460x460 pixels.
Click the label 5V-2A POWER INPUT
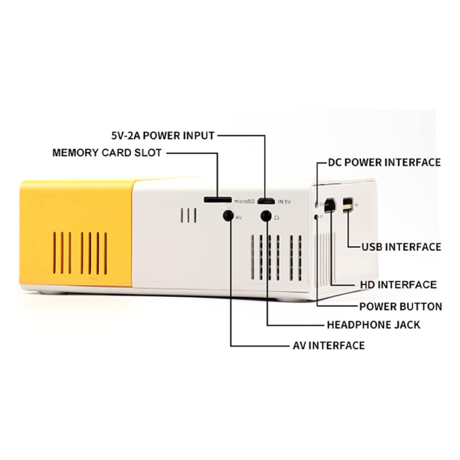163,136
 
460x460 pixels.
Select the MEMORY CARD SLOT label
107,153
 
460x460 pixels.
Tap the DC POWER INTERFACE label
384,162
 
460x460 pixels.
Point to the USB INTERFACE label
401,247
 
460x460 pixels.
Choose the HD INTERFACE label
398,285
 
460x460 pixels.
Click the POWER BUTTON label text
400,306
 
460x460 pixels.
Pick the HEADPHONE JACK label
373,325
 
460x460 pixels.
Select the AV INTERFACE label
328,346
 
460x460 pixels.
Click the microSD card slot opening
218,200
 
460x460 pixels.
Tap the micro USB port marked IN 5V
266,201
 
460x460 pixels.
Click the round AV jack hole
228,216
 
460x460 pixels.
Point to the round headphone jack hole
266,216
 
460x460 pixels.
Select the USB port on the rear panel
347,205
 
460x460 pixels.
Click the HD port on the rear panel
331,205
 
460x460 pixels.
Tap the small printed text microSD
243,201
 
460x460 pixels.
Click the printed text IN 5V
284,202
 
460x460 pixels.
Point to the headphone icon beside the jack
277,218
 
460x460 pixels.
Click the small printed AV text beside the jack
239,218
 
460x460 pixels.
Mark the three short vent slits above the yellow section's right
189,216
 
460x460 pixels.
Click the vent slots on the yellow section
80,253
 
